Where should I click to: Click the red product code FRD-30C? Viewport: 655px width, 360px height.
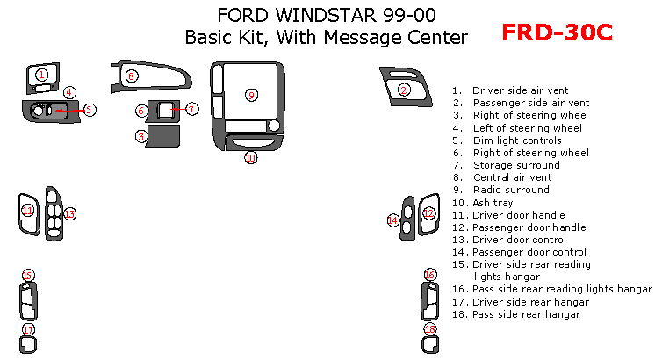pyautogui.click(x=557, y=32)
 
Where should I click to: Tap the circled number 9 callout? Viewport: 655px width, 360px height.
pyautogui.click(x=251, y=95)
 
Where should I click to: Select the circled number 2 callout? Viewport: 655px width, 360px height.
pyautogui.click(x=404, y=90)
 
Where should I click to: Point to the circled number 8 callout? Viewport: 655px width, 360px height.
pyautogui.click(x=132, y=76)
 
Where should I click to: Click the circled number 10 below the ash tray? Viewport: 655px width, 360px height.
pyautogui.click(x=250, y=157)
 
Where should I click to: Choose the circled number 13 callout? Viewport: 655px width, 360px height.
pyautogui.click(x=69, y=214)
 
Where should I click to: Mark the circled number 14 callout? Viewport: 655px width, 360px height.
pyautogui.click(x=393, y=220)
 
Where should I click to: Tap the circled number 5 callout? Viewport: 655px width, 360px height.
pyautogui.click(x=89, y=110)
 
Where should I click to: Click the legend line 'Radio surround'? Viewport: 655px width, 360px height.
pyautogui.click(x=500, y=190)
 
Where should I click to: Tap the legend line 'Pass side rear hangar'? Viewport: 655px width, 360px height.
pyautogui.click(x=516, y=314)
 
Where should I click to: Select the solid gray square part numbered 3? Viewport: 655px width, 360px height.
pyautogui.click(x=164, y=136)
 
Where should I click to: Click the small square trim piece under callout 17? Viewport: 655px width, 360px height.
pyautogui.click(x=28, y=345)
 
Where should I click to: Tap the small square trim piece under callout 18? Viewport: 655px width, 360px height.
pyautogui.click(x=430, y=345)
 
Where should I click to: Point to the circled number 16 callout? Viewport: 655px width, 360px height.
pyautogui.click(x=430, y=275)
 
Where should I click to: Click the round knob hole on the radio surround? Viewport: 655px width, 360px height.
pyautogui.click(x=274, y=126)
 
